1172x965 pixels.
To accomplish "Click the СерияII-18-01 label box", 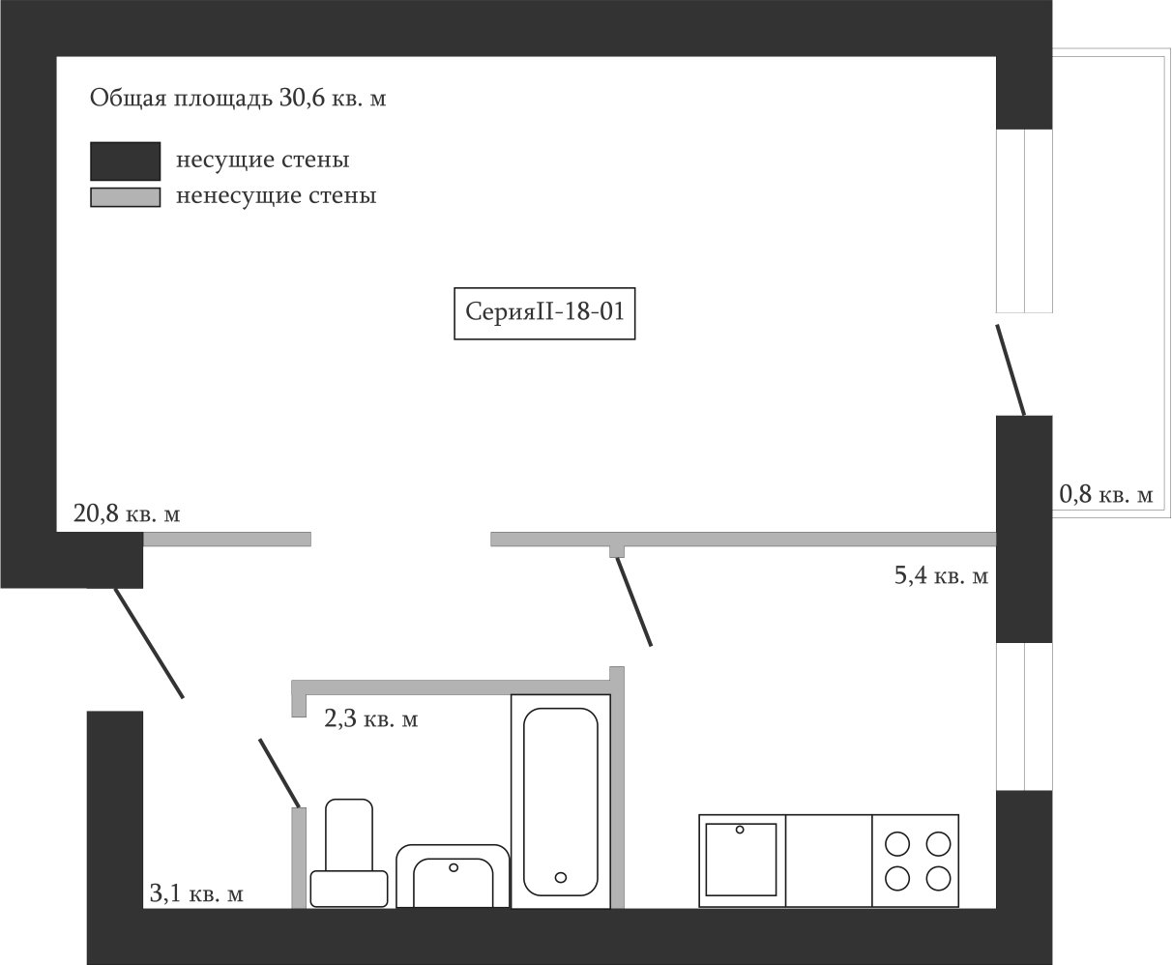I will point(544,312).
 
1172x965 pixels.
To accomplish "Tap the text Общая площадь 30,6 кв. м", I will point(237,99).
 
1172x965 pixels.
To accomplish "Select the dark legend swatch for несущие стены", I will point(125,161).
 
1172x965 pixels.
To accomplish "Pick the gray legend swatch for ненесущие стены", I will point(125,197).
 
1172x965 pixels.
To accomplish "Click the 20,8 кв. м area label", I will point(127,513).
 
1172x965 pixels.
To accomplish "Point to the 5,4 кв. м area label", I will point(940,577).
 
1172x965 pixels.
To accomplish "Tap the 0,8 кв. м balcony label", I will point(1106,495).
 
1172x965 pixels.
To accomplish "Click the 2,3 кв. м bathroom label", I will point(370,719).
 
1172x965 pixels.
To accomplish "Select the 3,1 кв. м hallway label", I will point(195,894).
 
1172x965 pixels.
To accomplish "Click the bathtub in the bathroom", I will point(560,802).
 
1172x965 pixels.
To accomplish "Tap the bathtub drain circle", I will point(561,877).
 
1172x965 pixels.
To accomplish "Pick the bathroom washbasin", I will point(453,877).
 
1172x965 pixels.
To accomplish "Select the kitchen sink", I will point(741,860).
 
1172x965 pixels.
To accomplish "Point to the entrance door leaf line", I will point(148,642).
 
